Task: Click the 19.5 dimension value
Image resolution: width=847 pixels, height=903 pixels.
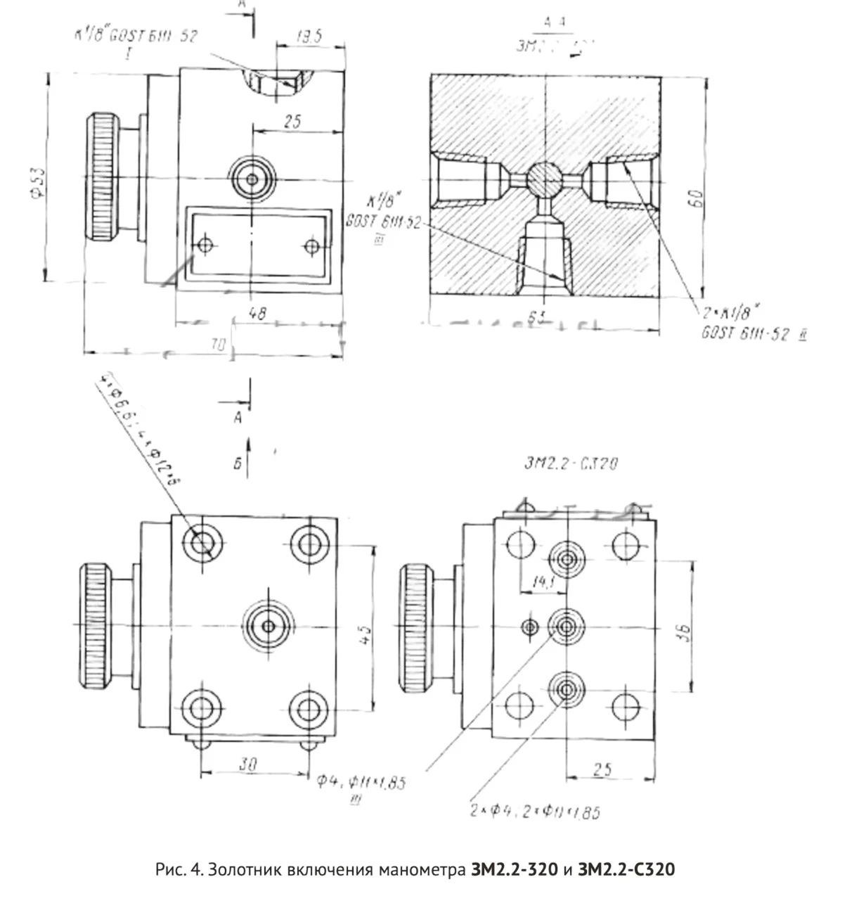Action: (309, 37)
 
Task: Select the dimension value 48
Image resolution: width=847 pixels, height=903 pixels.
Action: (257, 313)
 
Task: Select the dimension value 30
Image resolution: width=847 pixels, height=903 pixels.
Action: (246, 764)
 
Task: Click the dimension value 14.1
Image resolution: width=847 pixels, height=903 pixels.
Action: (542, 582)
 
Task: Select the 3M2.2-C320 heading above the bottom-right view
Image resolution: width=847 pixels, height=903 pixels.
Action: (571, 463)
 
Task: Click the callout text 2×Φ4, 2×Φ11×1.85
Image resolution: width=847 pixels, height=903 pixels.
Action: (535, 812)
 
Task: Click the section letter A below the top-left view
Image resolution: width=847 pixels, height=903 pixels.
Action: (238, 417)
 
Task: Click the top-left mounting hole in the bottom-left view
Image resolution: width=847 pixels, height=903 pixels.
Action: (203, 543)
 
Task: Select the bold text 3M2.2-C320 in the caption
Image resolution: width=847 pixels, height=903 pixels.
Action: (626, 870)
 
